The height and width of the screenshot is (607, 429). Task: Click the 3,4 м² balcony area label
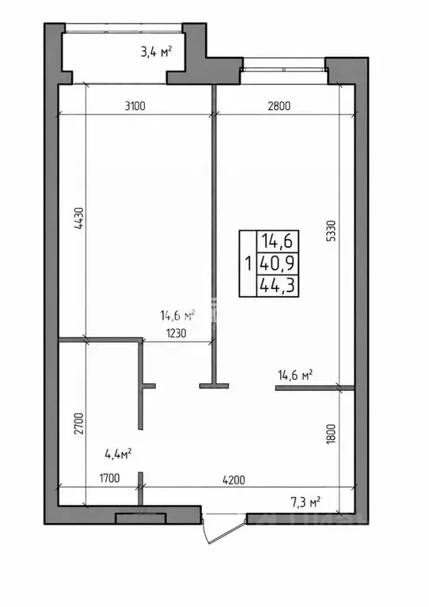(156, 51)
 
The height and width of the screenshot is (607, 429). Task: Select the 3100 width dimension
(135, 106)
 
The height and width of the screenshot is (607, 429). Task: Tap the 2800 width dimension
(279, 106)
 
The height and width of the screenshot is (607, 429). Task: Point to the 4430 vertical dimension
(78, 219)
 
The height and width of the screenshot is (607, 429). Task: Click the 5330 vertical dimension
(332, 231)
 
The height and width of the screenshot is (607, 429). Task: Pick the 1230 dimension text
(177, 333)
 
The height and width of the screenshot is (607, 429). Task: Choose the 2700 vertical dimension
(78, 425)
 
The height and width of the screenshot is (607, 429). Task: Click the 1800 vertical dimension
(331, 434)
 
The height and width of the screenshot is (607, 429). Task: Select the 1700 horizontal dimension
(109, 479)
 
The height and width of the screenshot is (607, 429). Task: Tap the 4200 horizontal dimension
(233, 480)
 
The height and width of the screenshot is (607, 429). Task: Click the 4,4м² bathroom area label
(118, 453)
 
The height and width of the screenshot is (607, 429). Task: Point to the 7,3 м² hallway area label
(306, 503)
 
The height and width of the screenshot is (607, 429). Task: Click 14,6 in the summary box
(278, 242)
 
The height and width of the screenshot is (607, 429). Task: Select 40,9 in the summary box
(278, 264)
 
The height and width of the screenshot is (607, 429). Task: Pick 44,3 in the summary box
(278, 286)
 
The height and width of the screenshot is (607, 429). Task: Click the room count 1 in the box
(248, 264)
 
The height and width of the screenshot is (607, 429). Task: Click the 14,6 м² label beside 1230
(177, 316)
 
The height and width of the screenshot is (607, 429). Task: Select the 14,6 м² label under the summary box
(295, 375)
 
